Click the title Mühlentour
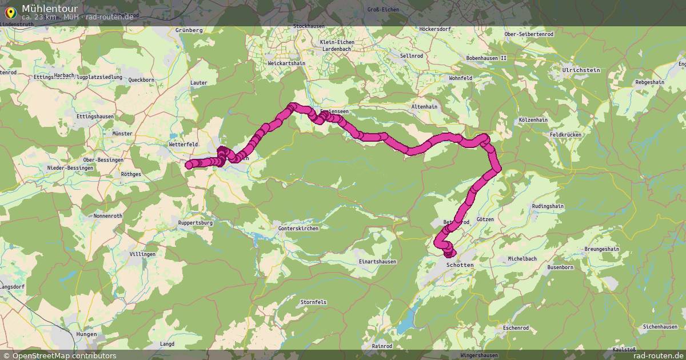50,8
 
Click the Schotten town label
460,266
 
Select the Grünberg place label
190,30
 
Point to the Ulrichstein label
581,70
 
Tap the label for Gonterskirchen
298,229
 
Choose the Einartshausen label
377,262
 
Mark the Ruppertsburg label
196,223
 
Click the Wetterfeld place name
184,145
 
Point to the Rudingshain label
548,206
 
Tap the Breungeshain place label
602,249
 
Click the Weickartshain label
286,63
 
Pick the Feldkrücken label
565,134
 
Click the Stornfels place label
313,302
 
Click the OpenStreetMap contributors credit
59,355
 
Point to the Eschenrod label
512,328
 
